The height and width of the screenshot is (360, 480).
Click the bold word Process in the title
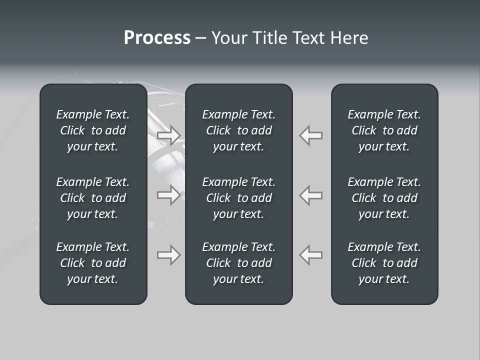click(x=157, y=38)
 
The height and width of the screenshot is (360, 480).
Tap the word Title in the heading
click(x=267, y=38)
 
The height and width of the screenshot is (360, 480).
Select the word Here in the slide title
click(x=348, y=38)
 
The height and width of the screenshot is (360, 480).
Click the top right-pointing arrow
click(x=169, y=135)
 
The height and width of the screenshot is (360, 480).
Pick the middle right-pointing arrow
click(x=169, y=195)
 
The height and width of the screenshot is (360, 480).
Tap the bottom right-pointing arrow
click(x=169, y=255)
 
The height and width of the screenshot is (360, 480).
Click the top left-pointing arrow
click(x=310, y=135)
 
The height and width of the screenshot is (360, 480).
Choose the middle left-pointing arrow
click(x=310, y=195)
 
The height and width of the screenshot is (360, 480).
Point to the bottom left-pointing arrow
click(x=310, y=255)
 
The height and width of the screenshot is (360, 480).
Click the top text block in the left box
click(x=93, y=130)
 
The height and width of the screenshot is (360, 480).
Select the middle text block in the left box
click(x=93, y=198)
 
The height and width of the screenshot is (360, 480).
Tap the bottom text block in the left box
click(x=93, y=263)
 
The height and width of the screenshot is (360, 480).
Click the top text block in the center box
click(x=238, y=130)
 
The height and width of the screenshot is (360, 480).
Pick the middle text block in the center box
click(x=238, y=198)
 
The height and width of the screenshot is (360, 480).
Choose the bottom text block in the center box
click(x=238, y=263)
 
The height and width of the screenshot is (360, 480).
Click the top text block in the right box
click(x=384, y=130)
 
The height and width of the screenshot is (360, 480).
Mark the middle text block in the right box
click(x=384, y=198)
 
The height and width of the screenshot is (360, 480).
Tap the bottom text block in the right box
click(x=384, y=263)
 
